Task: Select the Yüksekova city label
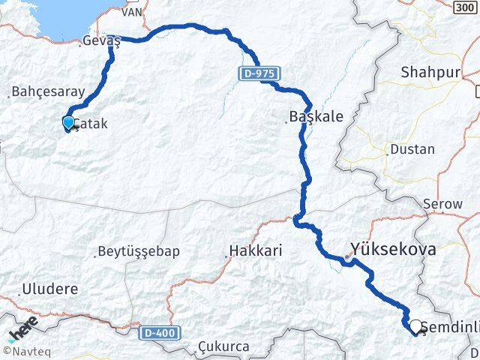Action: (x=392, y=249)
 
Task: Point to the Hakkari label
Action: (x=256, y=251)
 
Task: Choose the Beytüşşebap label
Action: (x=139, y=251)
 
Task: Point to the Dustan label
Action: (x=412, y=149)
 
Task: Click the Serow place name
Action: (x=436, y=203)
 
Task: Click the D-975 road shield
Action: (x=258, y=73)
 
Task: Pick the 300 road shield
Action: (x=465, y=5)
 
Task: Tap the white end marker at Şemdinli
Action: (x=415, y=326)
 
